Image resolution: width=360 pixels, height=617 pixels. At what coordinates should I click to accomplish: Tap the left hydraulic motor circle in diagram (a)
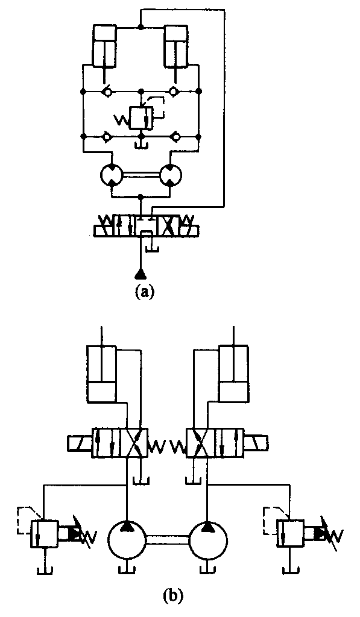pos(112,174)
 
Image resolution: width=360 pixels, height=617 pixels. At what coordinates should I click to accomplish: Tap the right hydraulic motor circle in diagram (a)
pos(171,174)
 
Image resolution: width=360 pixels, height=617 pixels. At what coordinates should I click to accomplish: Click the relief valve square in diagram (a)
pos(141,116)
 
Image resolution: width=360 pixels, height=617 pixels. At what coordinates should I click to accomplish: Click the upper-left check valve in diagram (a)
pos(106,92)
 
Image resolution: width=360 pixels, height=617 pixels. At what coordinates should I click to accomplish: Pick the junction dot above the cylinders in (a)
pos(141,27)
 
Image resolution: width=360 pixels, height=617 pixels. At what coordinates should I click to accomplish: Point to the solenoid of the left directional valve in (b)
pos(80,443)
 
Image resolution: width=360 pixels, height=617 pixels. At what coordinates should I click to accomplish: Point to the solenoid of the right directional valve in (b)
pos(256,443)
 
